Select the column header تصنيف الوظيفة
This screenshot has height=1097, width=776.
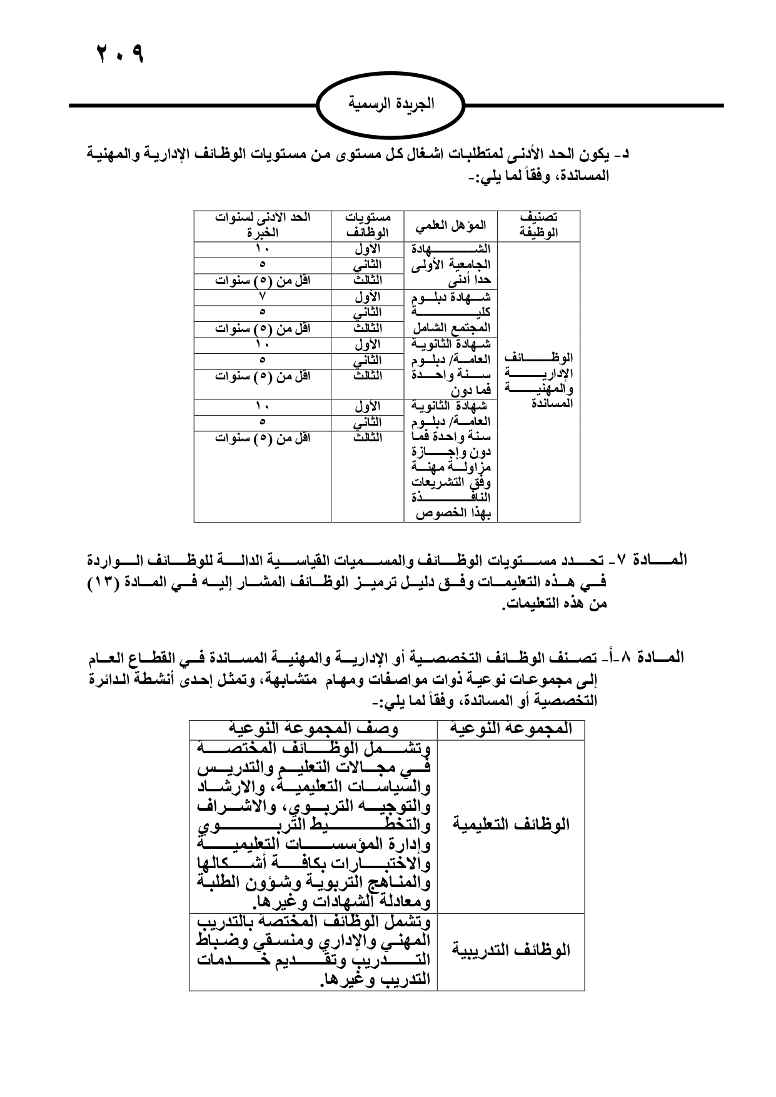[x=538, y=225]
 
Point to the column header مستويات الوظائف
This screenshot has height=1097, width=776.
[x=367, y=225]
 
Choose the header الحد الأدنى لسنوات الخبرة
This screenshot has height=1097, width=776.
[x=262, y=225]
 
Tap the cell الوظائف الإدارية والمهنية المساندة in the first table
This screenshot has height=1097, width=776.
[x=538, y=381]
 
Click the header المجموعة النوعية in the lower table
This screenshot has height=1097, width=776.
[x=510, y=729]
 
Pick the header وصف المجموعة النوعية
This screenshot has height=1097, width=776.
[x=313, y=729]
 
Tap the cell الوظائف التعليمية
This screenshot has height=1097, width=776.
[x=510, y=824]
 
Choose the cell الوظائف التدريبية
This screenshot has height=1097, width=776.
[x=510, y=951]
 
